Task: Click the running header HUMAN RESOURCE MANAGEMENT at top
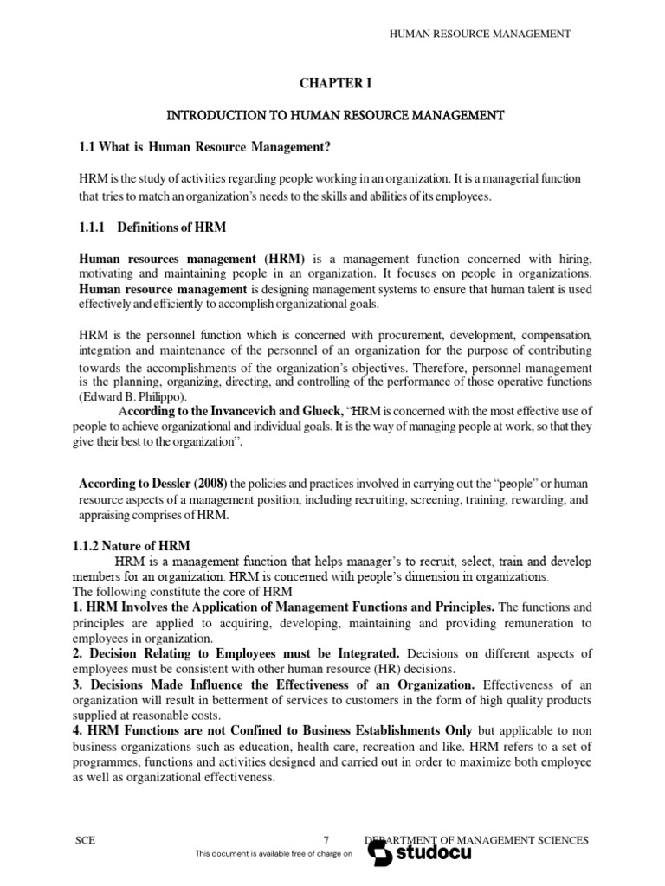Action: (x=481, y=34)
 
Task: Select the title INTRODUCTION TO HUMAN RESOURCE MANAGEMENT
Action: (x=334, y=114)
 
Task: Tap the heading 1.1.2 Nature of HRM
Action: (x=134, y=545)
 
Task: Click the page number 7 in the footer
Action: (x=326, y=840)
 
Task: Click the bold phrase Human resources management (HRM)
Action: (x=192, y=258)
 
